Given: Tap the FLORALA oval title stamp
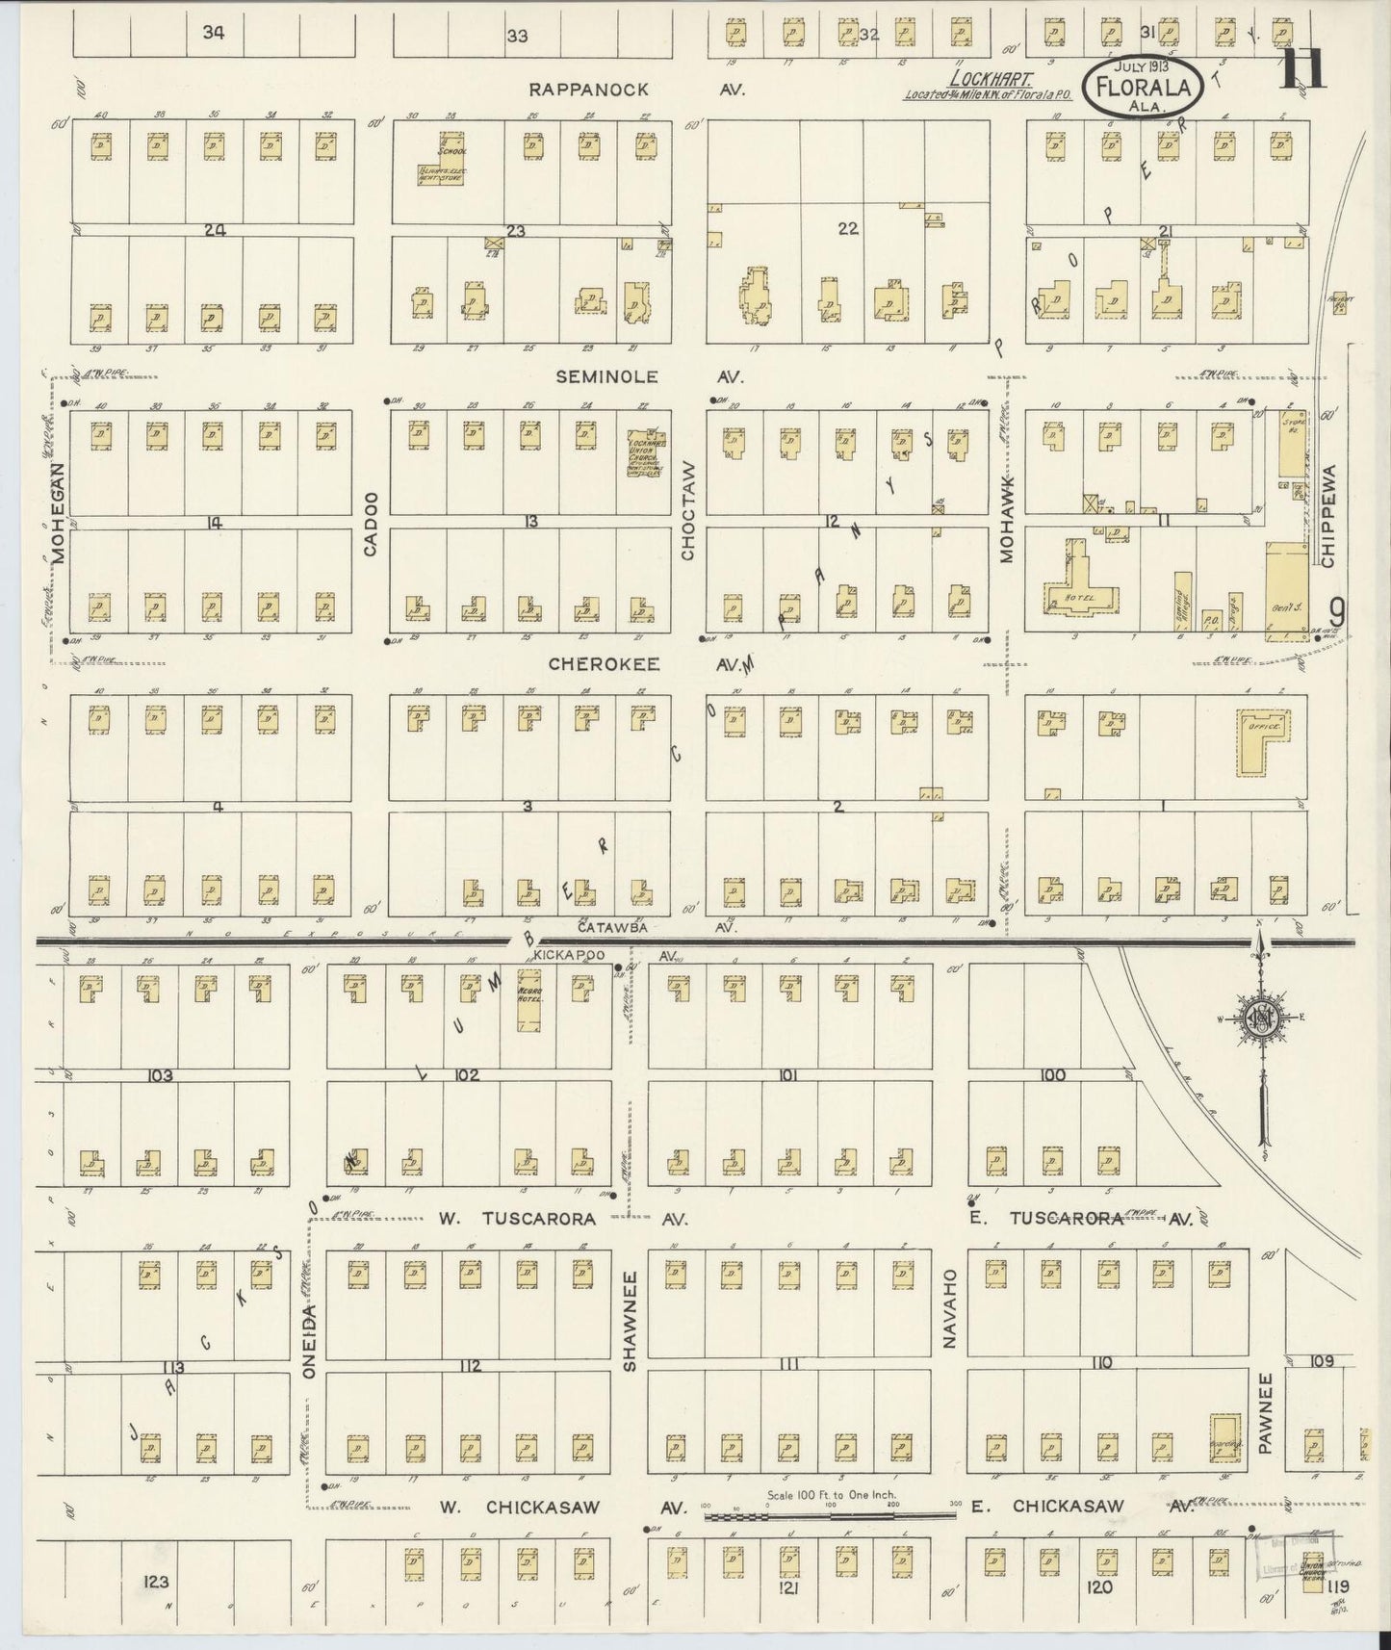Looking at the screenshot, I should [1143, 86].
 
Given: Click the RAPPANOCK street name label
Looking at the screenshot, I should [589, 90].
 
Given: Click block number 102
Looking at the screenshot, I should [467, 1075].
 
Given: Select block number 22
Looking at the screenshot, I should [847, 229].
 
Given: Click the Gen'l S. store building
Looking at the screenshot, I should [1286, 587].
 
